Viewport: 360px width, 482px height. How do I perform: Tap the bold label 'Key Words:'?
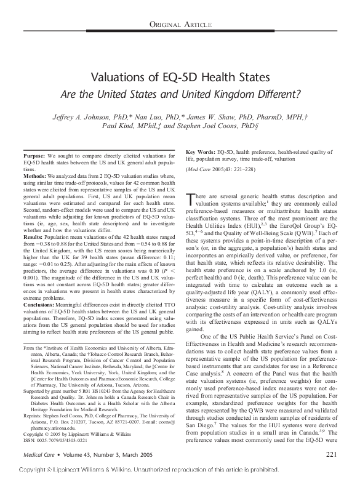[199, 151]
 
